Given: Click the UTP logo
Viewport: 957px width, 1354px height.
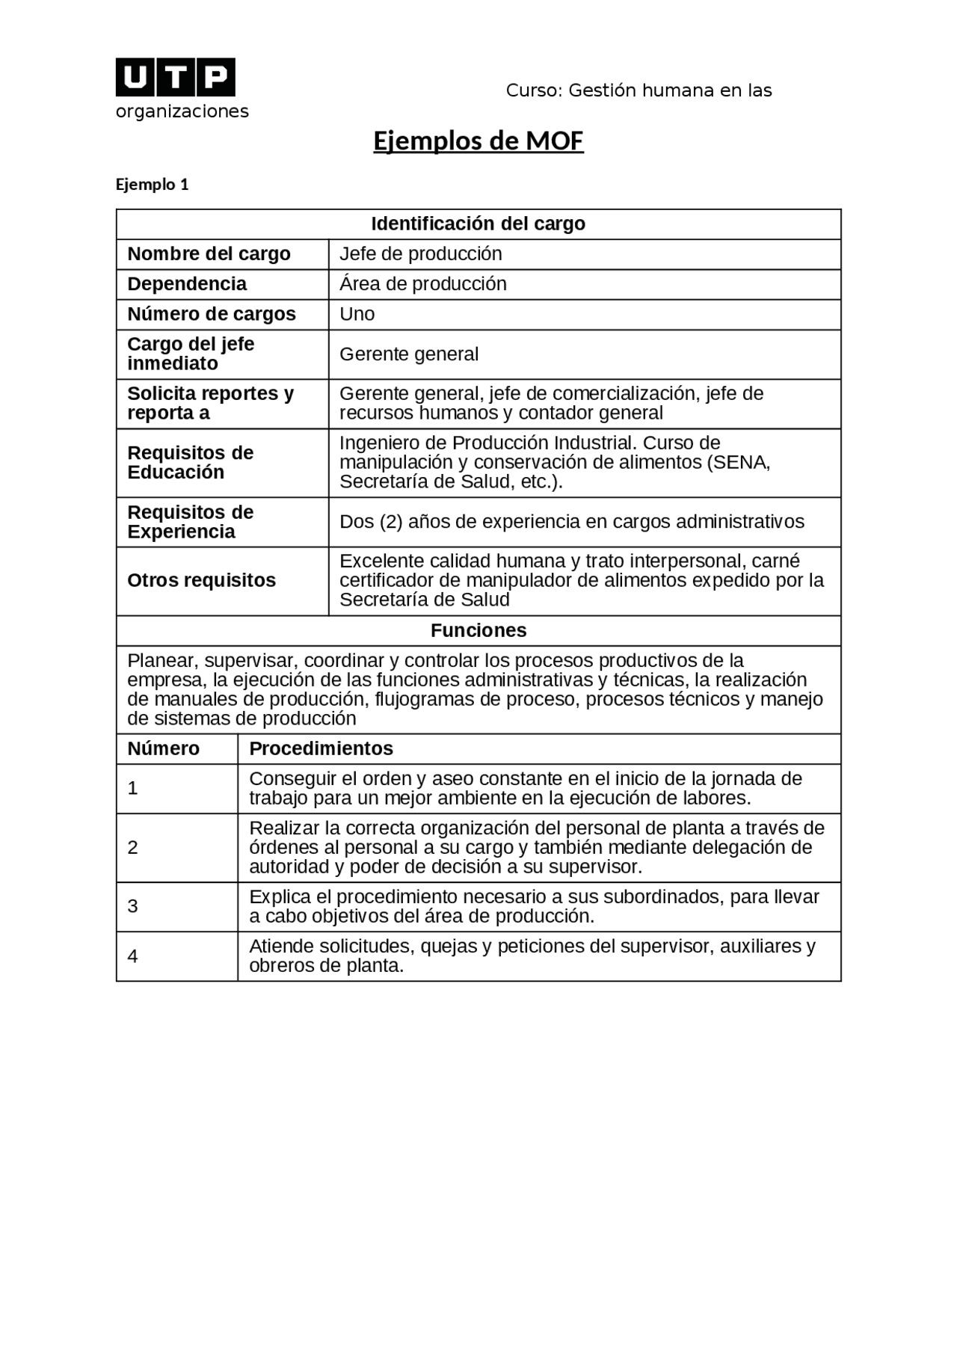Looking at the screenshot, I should click(175, 77).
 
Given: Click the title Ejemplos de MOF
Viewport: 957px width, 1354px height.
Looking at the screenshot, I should click(478, 141).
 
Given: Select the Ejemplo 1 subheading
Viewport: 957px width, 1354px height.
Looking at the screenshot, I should click(152, 185).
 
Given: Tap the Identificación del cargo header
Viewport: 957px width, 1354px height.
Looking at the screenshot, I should click(478, 224).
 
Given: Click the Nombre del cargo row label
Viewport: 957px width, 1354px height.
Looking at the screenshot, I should click(209, 254).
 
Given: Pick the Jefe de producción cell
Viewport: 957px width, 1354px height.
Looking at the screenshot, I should click(420, 254).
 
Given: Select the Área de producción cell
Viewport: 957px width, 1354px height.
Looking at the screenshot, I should click(422, 284).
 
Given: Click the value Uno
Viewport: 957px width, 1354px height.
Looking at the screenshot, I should click(357, 314).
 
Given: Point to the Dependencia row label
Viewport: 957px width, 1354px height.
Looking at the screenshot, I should click(187, 284).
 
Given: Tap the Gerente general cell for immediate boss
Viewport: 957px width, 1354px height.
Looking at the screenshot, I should click(408, 354).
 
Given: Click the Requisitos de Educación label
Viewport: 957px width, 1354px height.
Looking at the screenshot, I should click(190, 463).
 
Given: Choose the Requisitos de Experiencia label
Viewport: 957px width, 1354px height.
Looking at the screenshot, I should click(190, 522).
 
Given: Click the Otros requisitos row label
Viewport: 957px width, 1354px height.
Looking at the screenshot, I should click(201, 581).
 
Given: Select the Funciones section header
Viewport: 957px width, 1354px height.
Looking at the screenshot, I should click(478, 630).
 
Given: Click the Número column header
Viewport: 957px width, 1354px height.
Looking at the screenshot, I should click(163, 748).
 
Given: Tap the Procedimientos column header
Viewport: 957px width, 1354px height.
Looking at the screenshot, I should click(321, 748).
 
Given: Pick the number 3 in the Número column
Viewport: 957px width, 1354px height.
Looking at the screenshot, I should click(133, 907).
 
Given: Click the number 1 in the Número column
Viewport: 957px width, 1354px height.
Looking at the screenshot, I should click(133, 788).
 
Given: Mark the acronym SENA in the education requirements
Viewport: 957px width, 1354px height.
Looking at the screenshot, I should click(738, 463).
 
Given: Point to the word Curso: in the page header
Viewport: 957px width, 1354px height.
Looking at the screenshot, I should click(535, 91).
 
